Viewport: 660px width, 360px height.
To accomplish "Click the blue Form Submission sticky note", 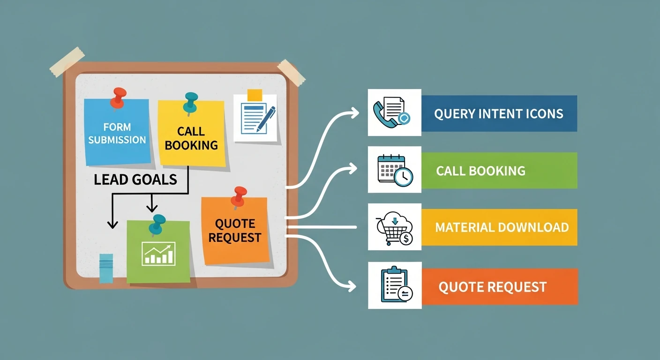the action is pyautogui.click(x=117, y=132).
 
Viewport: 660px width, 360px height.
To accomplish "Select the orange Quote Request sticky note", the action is pyautogui.click(x=235, y=231).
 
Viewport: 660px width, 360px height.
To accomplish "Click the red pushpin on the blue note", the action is pyautogui.click(x=119, y=98).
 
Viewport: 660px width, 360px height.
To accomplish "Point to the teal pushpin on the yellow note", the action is pyautogui.click(x=191, y=104).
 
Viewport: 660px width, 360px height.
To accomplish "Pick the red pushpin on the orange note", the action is pyautogui.click(x=239, y=197).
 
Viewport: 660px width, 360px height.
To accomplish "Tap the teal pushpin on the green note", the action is pyautogui.click(x=157, y=225).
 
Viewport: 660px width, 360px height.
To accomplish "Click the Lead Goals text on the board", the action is pyautogui.click(x=135, y=180).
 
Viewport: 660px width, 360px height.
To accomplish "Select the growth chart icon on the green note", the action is pyautogui.click(x=158, y=254).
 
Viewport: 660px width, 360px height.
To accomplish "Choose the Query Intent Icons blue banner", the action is pyautogui.click(x=499, y=113).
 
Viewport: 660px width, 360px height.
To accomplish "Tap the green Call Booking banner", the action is pyautogui.click(x=499, y=171).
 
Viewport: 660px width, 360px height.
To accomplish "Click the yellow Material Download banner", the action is pyautogui.click(x=499, y=227).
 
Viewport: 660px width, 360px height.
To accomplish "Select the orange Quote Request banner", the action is pyautogui.click(x=500, y=287).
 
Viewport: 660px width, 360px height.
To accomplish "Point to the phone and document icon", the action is pyautogui.click(x=392, y=112).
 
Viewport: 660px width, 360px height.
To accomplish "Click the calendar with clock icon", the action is pyautogui.click(x=395, y=170).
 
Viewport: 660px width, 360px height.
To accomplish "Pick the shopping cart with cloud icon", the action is pyautogui.click(x=395, y=228).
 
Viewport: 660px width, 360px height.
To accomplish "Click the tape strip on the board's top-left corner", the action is pyautogui.click(x=67, y=61).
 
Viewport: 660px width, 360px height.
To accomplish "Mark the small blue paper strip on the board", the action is pyautogui.click(x=106, y=268).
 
